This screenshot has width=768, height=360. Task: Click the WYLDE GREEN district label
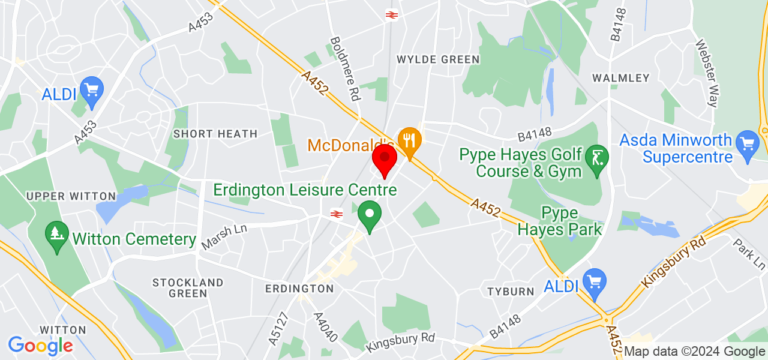point(439,59)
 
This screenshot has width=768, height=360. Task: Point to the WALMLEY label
point(621,78)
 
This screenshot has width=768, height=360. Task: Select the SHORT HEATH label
point(215,134)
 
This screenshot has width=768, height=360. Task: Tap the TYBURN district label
point(511,292)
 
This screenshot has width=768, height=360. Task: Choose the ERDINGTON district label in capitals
point(299,289)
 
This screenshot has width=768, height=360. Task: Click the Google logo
point(41,345)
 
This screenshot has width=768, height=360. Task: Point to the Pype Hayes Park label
point(559,221)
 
